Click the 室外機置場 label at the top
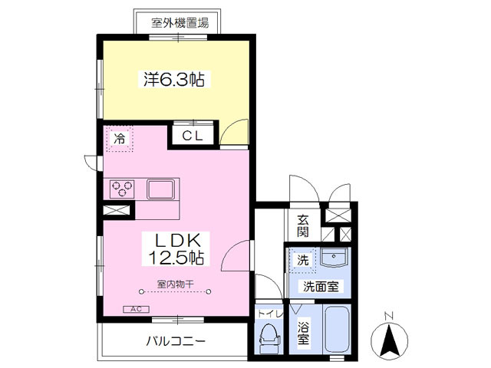coord(180,23)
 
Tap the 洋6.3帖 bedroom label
coord(174,80)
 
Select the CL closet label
coord(193,136)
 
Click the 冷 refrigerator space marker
coord(120,138)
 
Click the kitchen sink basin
coord(161,189)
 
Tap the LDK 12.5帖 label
coord(176,249)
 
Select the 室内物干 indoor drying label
coord(175,284)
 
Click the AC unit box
coord(137,309)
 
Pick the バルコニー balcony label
coord(176,341)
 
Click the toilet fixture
coord(269,337)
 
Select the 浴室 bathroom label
coord(303,333)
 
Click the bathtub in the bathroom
coord(337,329)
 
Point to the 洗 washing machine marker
coord(302,260)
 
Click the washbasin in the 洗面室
coord(334,258)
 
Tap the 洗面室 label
coord(321,286)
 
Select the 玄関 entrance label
coord(303,226)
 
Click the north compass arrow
coord(389,341)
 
